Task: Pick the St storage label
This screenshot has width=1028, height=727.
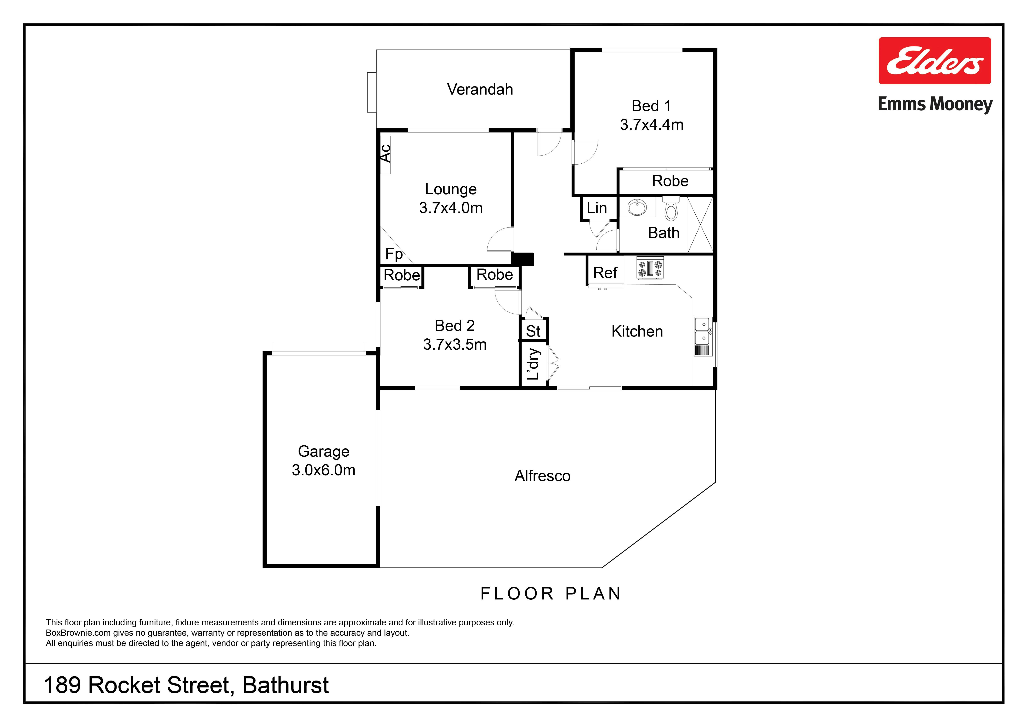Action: pyautogui.click(x=533, y=331)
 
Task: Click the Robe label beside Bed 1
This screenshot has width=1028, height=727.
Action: pyautogui.click(x=670, y=181)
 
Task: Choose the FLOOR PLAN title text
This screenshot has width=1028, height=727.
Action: pyautogui.click(x=551, y=594)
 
